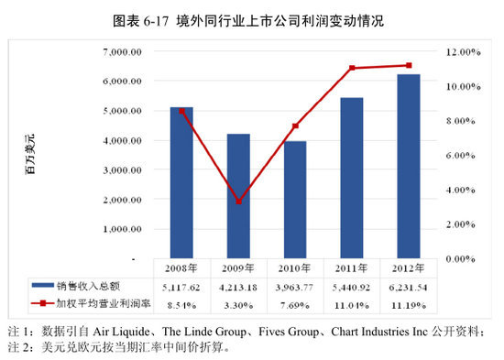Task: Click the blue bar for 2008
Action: pyautogui.click(x=181, y=182)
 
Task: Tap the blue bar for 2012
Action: pyautogui.click(x=409, y=166)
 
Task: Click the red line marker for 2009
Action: pyautogui.click(x=238, y=202)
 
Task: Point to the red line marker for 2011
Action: pyautogui.click(x=352, y=68)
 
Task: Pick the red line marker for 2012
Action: pyautogui.click(x=409, y=65)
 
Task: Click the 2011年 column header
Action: pyautogui.click(x=352, y=268)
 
